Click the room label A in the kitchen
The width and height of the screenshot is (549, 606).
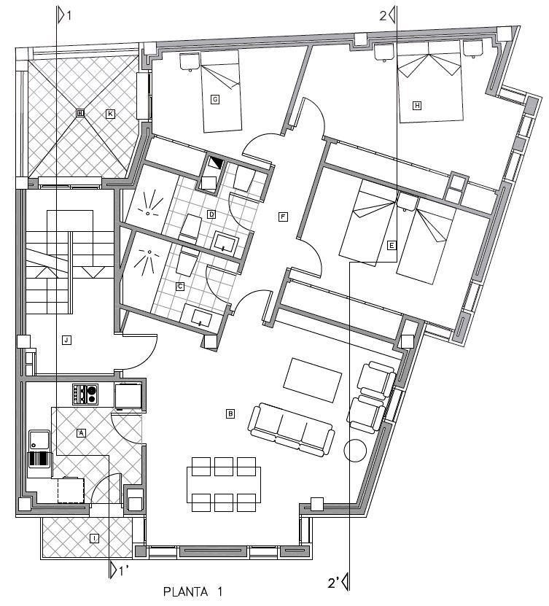(x=81, y=433)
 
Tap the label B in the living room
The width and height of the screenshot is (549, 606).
(x=230, y=414)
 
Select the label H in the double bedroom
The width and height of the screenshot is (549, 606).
(x=417, y=106)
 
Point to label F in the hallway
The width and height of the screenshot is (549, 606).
(x=283, y=217)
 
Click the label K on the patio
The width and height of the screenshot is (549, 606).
(x=110, y=114)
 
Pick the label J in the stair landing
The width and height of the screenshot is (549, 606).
(x=66, y=340)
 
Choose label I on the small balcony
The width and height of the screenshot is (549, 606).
(x=94, y=538)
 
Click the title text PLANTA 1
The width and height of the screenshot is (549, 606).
(x=192, y=591)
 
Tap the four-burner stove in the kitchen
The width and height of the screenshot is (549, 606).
(x=85, y=395)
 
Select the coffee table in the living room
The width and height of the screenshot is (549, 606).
(x=313, y=380)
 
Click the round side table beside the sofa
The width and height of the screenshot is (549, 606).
(x=354, y=451)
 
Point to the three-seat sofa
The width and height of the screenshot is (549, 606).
(x=292, y=430)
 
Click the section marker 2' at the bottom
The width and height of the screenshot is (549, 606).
(x=339, y=583)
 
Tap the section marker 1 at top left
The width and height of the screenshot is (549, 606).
(x=64, y=15)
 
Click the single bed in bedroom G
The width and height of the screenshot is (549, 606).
(x=221, y=92)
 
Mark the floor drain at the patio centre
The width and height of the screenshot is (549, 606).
(x=80, y=113)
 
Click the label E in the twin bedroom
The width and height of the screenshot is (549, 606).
(x=392, y=246)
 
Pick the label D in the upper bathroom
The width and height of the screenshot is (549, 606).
(x=211, y=214)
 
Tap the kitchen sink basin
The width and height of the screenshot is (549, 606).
(x=40, y=440)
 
